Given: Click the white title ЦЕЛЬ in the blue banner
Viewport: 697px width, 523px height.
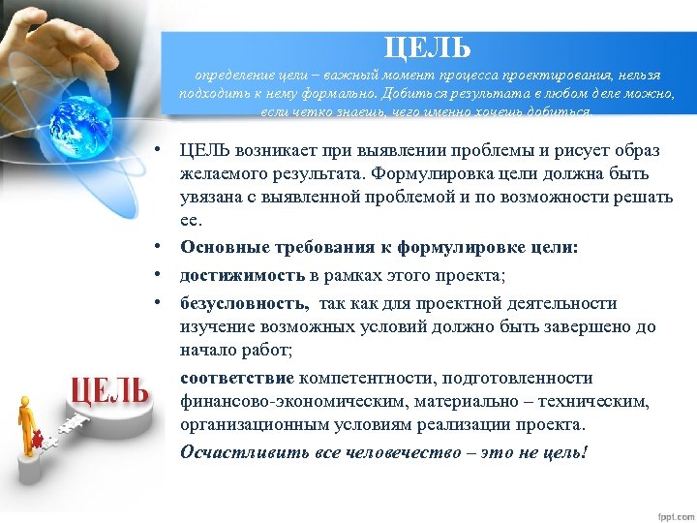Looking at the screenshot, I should tap(427, 46).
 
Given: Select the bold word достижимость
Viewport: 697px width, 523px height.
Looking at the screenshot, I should tap(231, 275).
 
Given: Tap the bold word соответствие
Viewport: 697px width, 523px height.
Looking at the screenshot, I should tap(237, 378).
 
